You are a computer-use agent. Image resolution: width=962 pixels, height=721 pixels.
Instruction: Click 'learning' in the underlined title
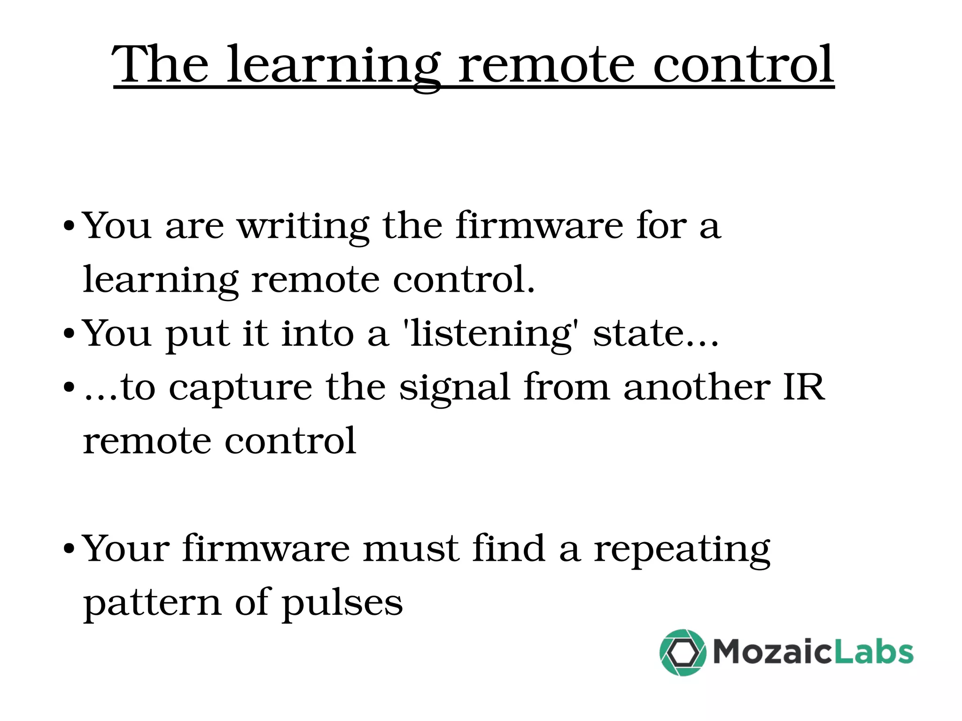[334, 66]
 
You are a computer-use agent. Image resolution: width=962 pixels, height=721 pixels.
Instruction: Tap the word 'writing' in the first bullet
[303, 226]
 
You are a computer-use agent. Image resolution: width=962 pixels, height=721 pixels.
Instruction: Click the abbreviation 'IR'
[803, 388]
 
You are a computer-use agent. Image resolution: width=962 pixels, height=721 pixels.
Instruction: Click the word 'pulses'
[342, 603]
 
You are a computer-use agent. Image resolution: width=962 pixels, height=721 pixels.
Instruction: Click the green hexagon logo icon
[683, 652]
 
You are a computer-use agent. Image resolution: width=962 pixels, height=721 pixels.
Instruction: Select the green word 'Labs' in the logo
[874, 652]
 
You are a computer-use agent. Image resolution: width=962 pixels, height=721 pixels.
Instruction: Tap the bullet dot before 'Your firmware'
[69, 549]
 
